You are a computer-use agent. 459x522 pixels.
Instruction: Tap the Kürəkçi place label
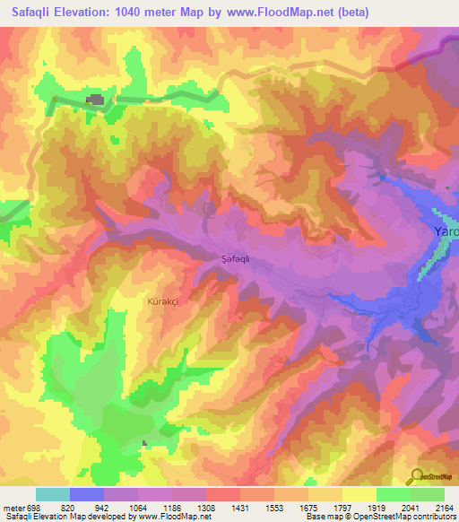pos(160,303)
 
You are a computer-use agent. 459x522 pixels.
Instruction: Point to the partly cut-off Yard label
pos(446,231)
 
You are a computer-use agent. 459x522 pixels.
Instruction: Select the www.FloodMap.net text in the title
pos(273,13)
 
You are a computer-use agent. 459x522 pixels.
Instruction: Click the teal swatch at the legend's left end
pos(53,494)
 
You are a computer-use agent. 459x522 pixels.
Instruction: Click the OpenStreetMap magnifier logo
pos(417,476)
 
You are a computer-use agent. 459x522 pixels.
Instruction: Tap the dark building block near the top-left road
pos(93,100)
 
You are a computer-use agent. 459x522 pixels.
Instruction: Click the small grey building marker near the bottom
pos(145,442)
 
